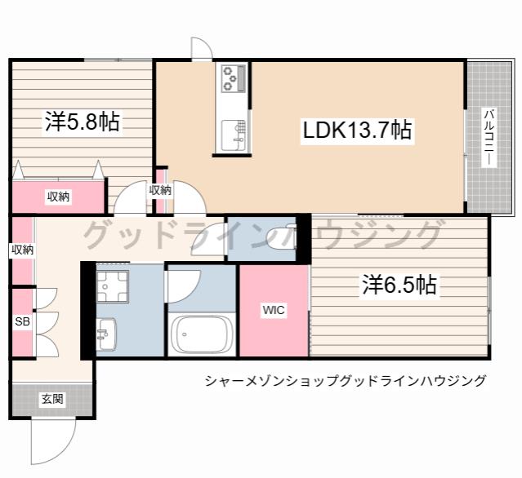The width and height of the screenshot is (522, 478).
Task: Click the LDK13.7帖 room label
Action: pos(357,130)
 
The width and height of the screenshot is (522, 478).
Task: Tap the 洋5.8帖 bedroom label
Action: pos(83,122)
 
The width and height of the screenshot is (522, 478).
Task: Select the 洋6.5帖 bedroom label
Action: pos(399,285)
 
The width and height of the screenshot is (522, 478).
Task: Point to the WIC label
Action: pos(274,310)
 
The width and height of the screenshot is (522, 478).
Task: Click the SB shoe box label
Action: pos(23,321)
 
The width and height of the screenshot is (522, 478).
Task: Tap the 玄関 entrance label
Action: pos(52,399)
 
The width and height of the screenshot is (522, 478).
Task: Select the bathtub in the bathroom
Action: pos(201,334)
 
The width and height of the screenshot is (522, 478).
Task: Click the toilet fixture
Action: pos(279,238)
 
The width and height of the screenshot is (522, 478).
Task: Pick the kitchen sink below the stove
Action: pos(234,135)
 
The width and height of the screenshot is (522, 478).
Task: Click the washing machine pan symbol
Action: pos(113,286)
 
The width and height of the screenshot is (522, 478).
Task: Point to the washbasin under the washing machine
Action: pos(106,334)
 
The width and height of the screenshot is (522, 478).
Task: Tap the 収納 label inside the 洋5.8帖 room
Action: pos(58,197)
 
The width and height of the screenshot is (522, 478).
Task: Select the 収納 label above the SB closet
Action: pos(23,250)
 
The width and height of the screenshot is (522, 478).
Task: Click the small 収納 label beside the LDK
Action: pos(160,190)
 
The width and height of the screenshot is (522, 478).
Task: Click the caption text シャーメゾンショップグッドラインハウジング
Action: pos(346,381)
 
